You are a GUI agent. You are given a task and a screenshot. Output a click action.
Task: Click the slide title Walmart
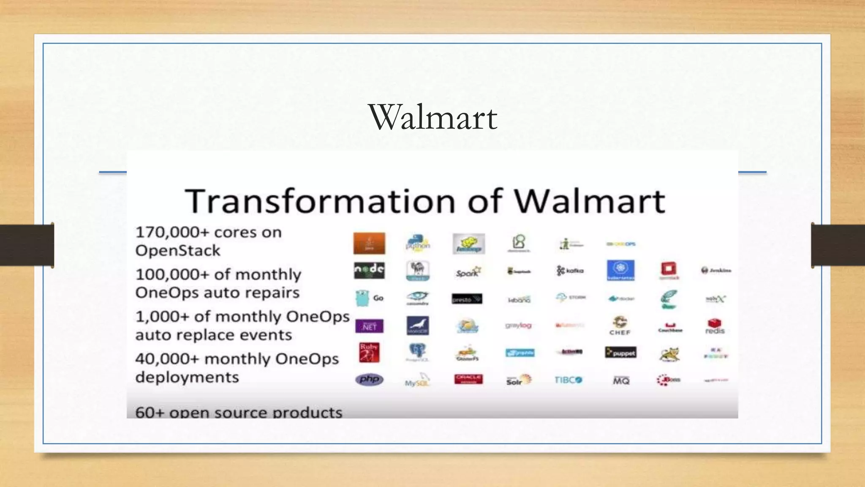[x=433, y=117]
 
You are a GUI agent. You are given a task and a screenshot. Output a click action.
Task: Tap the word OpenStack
[x=178, y=251]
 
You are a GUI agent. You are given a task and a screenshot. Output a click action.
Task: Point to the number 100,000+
[x=172, y=274]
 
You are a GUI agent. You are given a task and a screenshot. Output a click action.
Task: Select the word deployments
[x=187, y=377]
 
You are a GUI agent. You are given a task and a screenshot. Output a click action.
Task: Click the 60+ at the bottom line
[x=150, y=412]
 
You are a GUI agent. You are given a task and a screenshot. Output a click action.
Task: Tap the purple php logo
[x=369, y=379]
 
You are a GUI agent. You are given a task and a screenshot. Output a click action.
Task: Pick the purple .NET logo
[x=369, y=326]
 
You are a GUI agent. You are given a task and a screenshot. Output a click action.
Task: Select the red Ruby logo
[x=369, y=353]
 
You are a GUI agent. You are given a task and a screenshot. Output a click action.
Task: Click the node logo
[x=369, y=270]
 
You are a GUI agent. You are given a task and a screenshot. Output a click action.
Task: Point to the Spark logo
[x=468, y=272]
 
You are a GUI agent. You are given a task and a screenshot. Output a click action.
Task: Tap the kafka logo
[x=570, y=271]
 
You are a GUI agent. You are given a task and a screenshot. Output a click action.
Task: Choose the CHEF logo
[x=620, y=326]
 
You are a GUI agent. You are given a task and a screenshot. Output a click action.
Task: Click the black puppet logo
[x=620, y=353]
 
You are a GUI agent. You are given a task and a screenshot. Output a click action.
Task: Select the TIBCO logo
[x=569, y=380]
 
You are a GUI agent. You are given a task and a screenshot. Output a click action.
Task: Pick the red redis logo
[x=715, y=326]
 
